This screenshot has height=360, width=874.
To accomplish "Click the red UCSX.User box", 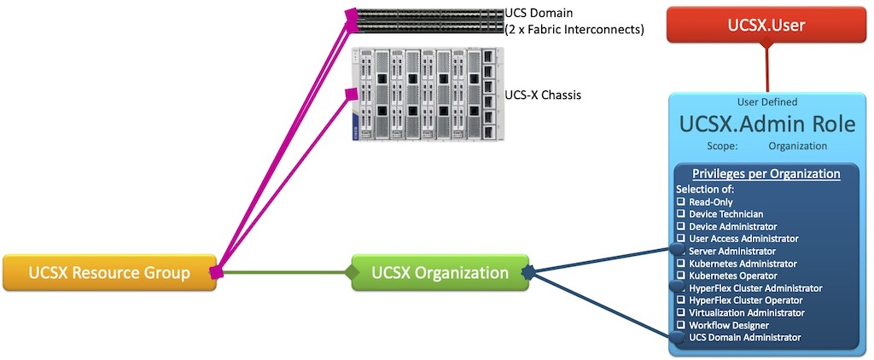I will coord(766,26).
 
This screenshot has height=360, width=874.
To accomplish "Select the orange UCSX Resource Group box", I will coord(108,273).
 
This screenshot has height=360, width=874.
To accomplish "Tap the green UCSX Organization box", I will coord(440,273).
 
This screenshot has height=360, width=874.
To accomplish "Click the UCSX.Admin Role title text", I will coord(766,125).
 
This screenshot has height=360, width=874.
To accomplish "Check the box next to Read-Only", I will coord(682,202).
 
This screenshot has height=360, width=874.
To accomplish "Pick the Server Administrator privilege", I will coord(731,252).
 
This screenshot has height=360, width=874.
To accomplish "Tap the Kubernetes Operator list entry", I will coord(731,276).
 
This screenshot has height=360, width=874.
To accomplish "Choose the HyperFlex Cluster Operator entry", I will coord(745,300).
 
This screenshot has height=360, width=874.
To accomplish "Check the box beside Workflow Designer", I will coord(682,325).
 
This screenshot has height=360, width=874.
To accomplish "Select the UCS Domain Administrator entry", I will coord(744,338).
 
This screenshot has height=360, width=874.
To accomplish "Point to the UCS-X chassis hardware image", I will coord(427,94).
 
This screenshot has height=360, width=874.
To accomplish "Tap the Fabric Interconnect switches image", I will coord(427,20).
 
